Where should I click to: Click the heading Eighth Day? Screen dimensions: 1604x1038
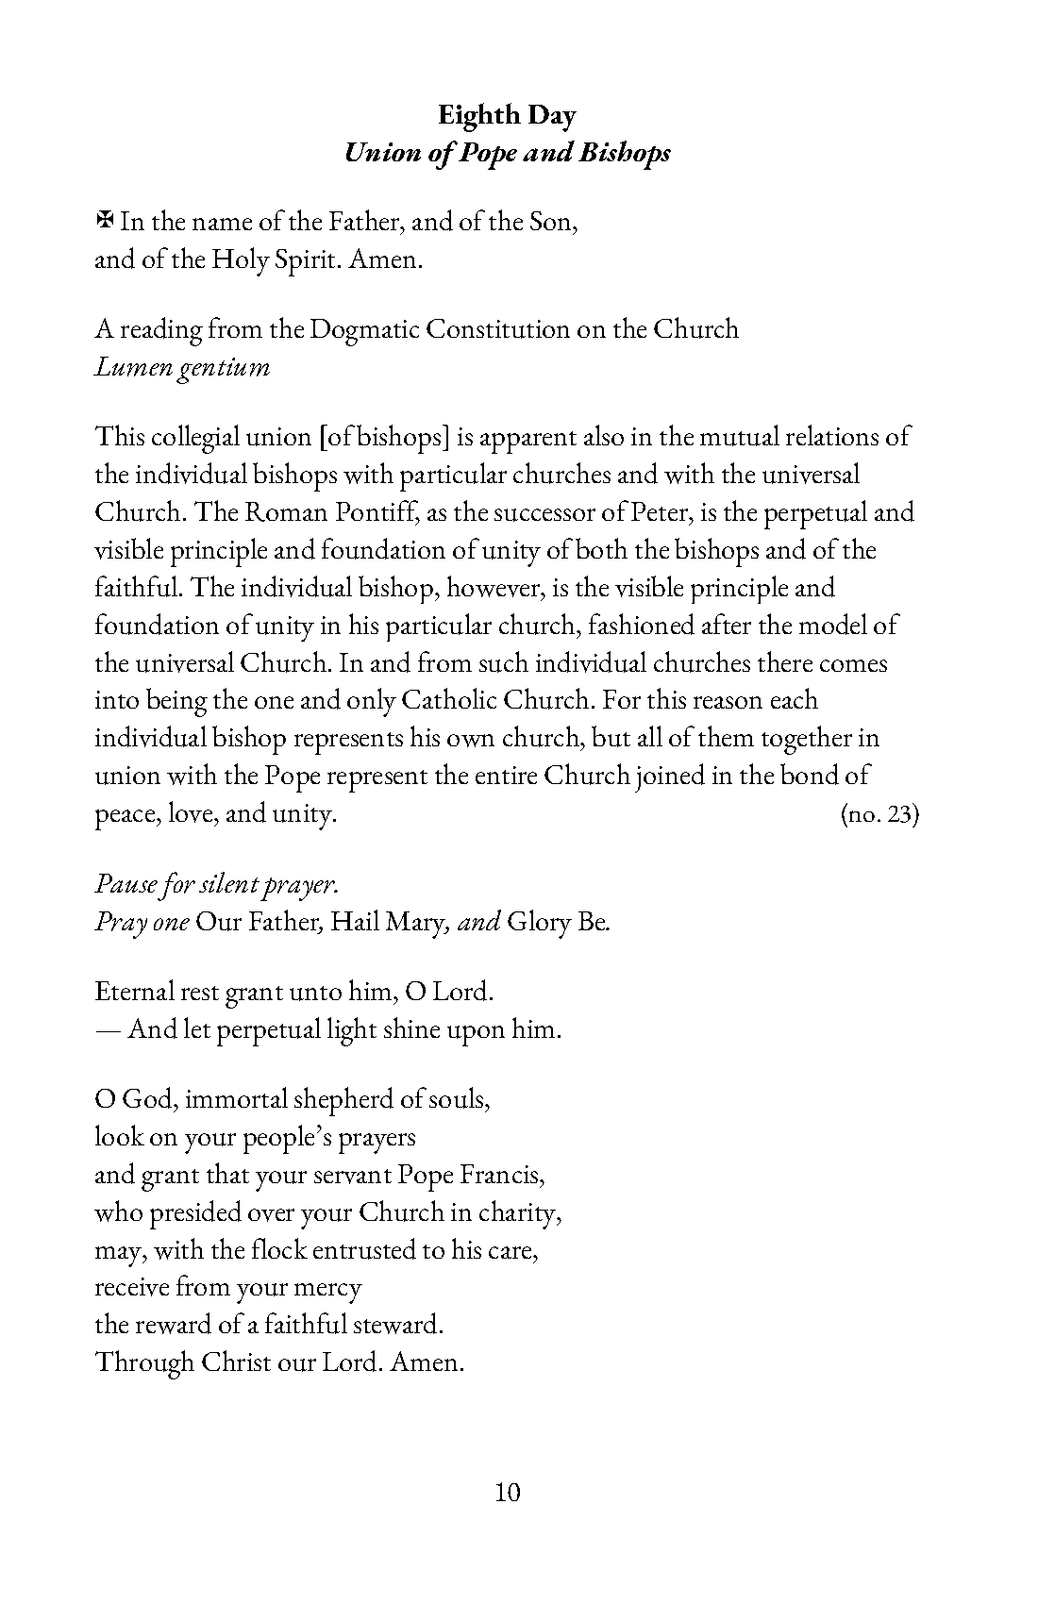[507, 115]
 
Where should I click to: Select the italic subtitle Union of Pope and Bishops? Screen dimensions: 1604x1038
[507, 153]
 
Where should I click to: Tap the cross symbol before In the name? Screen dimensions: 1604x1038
[105, 221]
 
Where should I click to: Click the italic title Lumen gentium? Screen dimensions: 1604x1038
[182, 366]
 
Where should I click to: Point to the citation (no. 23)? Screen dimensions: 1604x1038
[879, 813]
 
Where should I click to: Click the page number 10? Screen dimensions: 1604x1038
[507, 1492]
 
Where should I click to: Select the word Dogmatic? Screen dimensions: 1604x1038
[363, 329]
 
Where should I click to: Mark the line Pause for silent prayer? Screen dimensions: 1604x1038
[216, 884]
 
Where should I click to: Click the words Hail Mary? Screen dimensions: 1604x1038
[386, 921]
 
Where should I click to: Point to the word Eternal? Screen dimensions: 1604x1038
[129, 992]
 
